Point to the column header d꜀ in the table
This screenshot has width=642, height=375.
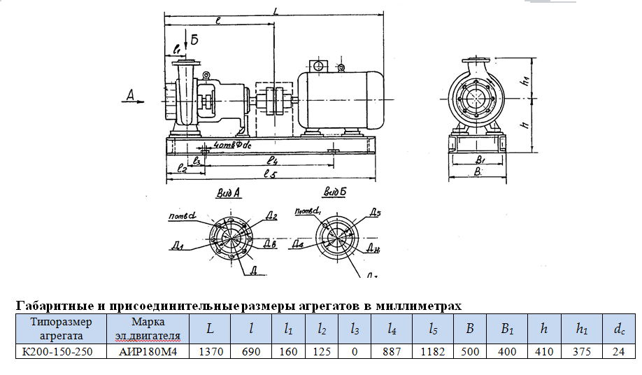[x=619, y=328]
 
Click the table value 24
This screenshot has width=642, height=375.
[x=619, y=351]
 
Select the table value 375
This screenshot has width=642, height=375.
[x=581, y=351]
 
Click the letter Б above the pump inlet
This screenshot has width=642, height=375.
[x=194, y=41]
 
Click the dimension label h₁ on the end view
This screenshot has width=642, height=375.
[x=524, y=82]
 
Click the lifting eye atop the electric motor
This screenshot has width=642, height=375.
[x=318, y=65]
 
